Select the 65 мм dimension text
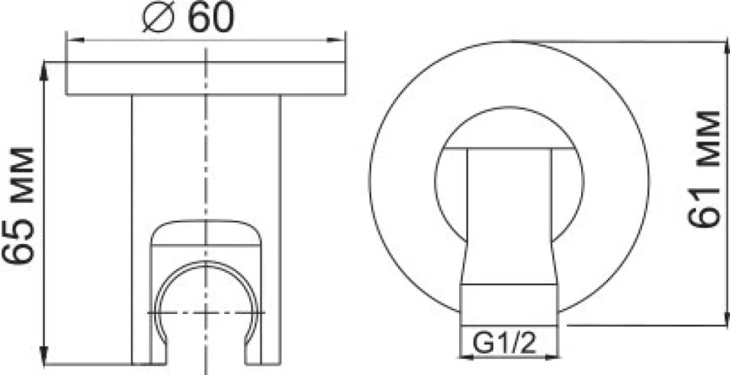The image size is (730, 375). (19, 206)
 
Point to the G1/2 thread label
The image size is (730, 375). (505, 346)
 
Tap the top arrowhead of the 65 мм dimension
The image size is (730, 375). (44, 70)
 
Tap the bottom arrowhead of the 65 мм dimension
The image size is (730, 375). (44, 355)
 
